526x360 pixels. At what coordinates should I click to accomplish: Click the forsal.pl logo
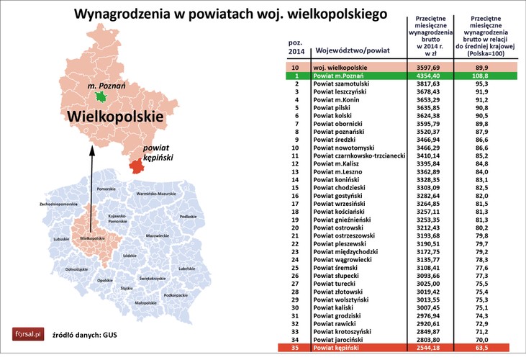point(29,333)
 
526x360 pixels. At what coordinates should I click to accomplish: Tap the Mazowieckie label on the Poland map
point(158,235)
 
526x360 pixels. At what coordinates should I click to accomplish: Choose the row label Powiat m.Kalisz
point(341,163)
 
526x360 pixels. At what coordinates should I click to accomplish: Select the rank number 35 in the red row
point(296,347)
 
